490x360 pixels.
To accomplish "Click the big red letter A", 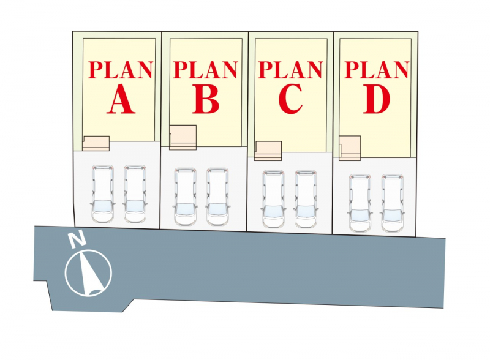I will coord(121,100).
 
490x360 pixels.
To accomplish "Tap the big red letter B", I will coord(206,100).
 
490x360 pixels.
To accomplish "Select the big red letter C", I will coord(290,100).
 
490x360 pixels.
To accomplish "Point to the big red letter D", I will coord(377,100).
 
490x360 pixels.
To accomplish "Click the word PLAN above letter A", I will coord(121,70).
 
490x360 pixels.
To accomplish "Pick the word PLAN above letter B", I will coord(205,70).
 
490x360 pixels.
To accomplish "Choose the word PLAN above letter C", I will coord(290,70).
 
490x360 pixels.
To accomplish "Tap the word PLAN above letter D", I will coord(377,70).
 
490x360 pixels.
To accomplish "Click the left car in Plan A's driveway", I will coord(102,193).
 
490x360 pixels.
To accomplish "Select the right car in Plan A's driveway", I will coord(135,193).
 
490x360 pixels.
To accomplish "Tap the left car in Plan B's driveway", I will coord(185,197).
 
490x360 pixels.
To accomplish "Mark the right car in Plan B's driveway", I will coord(217,197).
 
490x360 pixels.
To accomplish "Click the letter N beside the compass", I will coord(77,241).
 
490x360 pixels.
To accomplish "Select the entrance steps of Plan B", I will coord(183,138).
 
